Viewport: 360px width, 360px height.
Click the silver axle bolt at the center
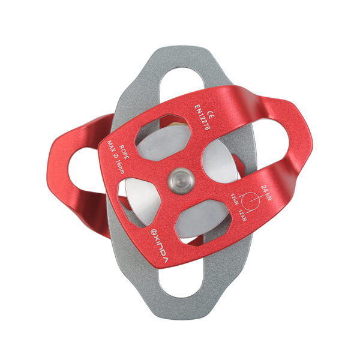click(181, 181)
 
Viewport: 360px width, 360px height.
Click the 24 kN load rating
click(266, 193)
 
